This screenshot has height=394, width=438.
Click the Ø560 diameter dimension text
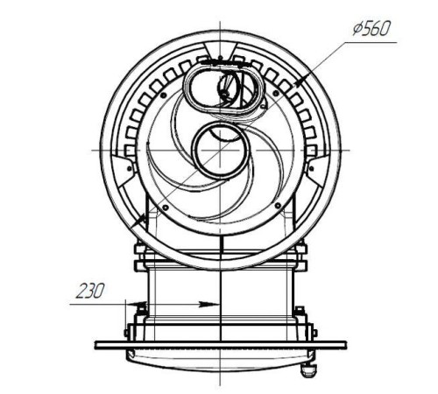(371, 29)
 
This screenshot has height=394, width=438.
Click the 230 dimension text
(90, 291)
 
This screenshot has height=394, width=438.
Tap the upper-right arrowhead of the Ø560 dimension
(300, 80)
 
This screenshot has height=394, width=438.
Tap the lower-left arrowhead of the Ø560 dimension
(138, 221)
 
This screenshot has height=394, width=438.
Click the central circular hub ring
(221, 150)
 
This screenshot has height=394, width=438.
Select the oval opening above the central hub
(224, 88)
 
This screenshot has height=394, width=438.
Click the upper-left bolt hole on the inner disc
(163, 95)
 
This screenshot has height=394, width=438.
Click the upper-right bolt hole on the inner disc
(276, 93)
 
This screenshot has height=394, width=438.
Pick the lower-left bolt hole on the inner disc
(166, 208)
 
